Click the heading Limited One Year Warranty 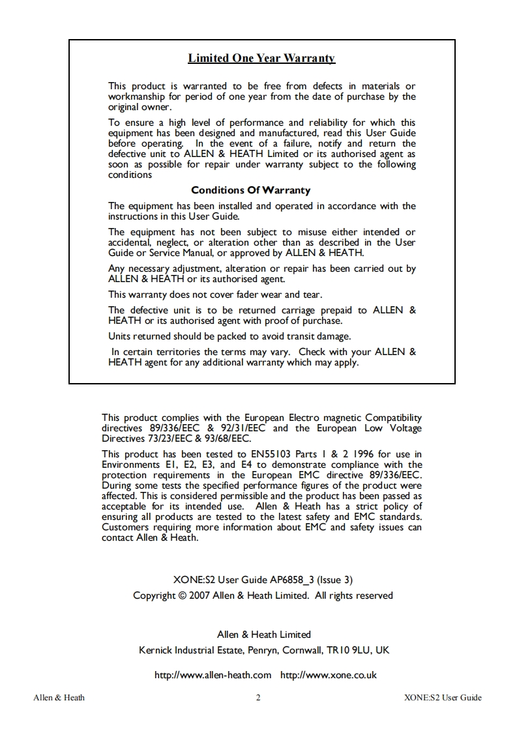pos(261,59)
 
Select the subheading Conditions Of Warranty pos(250,190)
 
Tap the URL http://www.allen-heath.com pos(213,675)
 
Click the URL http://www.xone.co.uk pos(329,675)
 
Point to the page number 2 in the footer pos(258,698)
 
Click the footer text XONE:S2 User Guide pos(443,698)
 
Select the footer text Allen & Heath pos(59,698)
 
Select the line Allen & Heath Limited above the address pos(263,635)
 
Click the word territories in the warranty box pos(177,352)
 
